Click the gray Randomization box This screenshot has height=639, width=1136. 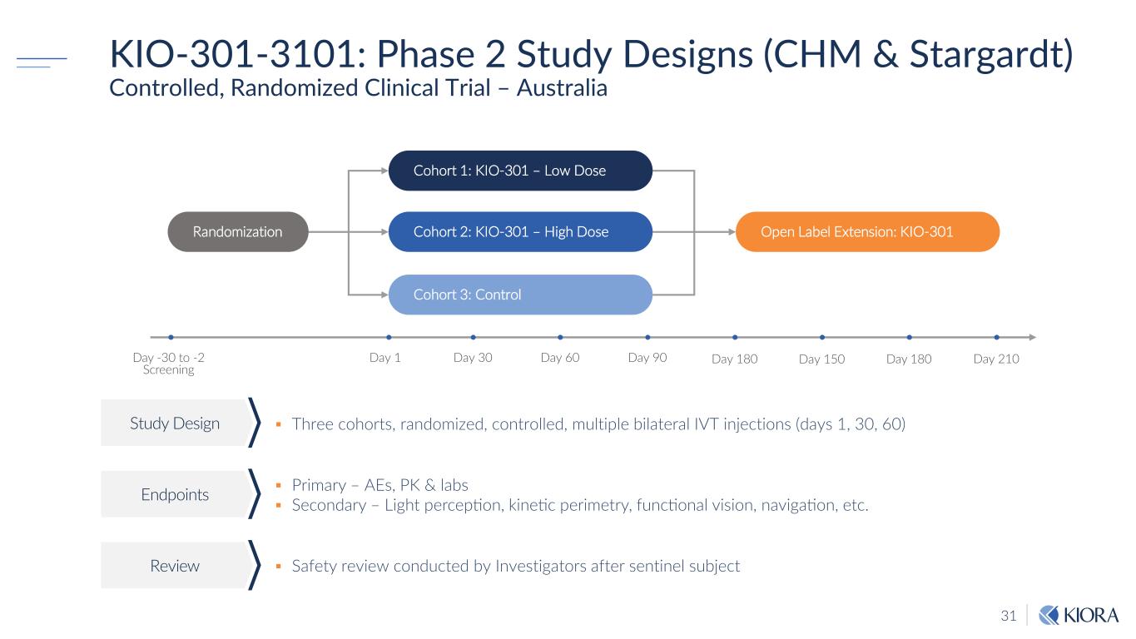click(x=238, y=232)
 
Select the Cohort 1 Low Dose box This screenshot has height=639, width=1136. click(x=520, y=171)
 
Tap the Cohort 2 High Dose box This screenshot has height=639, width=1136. click(x=520, y=232)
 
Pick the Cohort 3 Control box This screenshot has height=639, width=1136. click(x=520, y=295)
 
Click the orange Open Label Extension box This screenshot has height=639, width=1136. click(x=867, y=232)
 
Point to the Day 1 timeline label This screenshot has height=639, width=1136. click(x=385, y=358)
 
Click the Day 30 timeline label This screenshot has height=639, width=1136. click(x=473, y=358)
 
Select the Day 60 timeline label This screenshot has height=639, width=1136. click(x=560, y=358)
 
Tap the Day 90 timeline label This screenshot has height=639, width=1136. click(x=647, y=358)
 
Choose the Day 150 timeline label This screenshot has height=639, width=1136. click(x=821, y=359)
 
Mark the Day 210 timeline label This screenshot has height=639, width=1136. click(x=996, y=359)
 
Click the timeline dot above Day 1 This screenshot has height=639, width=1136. click(x=389, y=337)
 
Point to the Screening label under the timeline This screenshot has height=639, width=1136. click(x=168, y=369)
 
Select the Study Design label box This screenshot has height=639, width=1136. click(x=175, y=423)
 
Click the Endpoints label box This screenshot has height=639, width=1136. click(x=175, y=494)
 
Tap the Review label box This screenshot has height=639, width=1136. click(x=175, y=566)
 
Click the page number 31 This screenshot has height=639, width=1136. click(x=1009, y=616)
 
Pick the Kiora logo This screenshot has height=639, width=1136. click(x=1079, y=615)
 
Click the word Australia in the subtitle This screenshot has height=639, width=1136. click(x=562, y=87)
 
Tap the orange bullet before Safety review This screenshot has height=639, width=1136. click(x=279, y=566)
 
